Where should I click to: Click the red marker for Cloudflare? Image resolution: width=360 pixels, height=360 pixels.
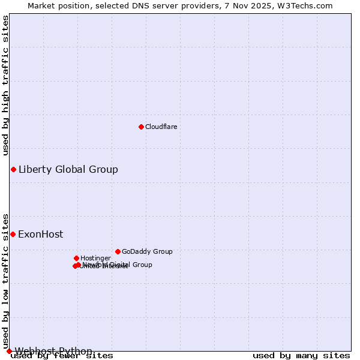(141, 127)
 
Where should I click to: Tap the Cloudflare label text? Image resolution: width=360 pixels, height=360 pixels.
(161, 127)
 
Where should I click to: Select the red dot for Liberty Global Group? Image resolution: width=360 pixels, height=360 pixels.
(13, 169)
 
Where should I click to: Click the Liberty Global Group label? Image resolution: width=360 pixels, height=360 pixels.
(68, 169)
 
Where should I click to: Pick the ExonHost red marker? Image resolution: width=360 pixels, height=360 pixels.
(13, 234)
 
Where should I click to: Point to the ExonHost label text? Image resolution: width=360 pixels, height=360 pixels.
(40, 234)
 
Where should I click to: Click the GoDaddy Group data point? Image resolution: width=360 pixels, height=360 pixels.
(118, 251)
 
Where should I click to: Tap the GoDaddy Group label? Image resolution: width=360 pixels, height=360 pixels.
(147, 251)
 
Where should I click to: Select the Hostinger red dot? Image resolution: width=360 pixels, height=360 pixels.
(76, 258)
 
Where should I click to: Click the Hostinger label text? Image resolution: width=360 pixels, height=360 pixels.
(95, 258)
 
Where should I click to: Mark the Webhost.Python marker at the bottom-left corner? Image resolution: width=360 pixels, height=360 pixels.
(9, 351)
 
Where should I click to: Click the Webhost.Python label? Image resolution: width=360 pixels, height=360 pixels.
(53, 351)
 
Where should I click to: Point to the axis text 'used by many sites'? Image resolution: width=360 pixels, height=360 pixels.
(301, 356)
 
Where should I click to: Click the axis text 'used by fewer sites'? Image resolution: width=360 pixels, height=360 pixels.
(62, 356)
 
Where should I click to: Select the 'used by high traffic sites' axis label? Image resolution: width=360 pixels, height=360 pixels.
(6, 85)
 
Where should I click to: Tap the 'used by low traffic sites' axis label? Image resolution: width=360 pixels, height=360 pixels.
(6, 280)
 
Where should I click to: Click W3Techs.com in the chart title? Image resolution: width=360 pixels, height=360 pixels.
(308, 5)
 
